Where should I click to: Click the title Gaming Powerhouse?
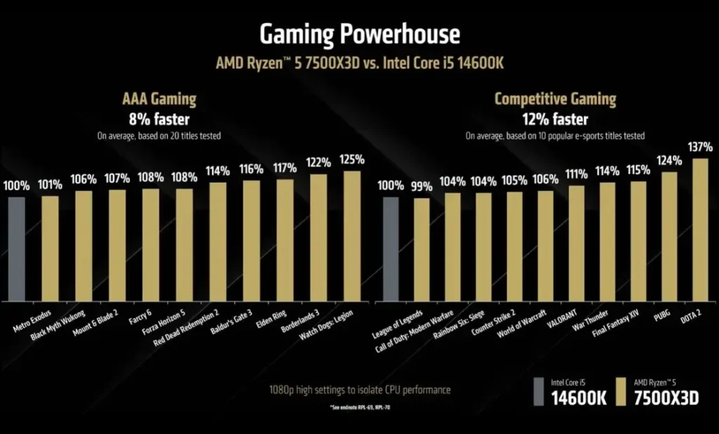359,33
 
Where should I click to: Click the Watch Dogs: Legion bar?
351,236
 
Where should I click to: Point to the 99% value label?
421,186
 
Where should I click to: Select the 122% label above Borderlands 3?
318,162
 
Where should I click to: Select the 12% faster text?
555,119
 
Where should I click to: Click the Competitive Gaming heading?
555,99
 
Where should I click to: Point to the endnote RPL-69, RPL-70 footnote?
359,408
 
